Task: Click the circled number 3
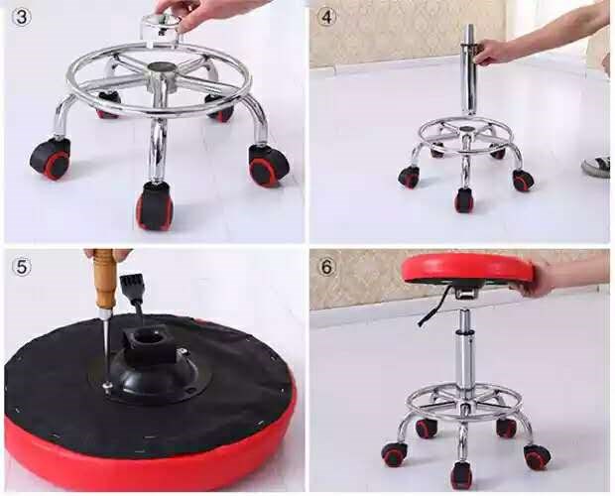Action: point(22,18)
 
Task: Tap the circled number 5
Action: point(22,267)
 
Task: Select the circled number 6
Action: point(327,267)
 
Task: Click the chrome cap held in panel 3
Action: point(161,28)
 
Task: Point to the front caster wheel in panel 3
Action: point(155,206)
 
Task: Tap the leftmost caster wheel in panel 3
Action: point(51,159)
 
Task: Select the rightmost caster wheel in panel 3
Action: point(270,166)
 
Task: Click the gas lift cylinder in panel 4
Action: point(468,70)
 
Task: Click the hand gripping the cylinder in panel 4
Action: point(490,52)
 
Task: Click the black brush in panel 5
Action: point(133,291)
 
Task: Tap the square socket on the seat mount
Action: point(150,337)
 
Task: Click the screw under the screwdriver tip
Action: point(107,386)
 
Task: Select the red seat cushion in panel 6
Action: point(467,269)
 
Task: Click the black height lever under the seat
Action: point(433,306)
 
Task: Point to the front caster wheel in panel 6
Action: point(462,475)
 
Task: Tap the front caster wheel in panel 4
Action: point(464,200)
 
